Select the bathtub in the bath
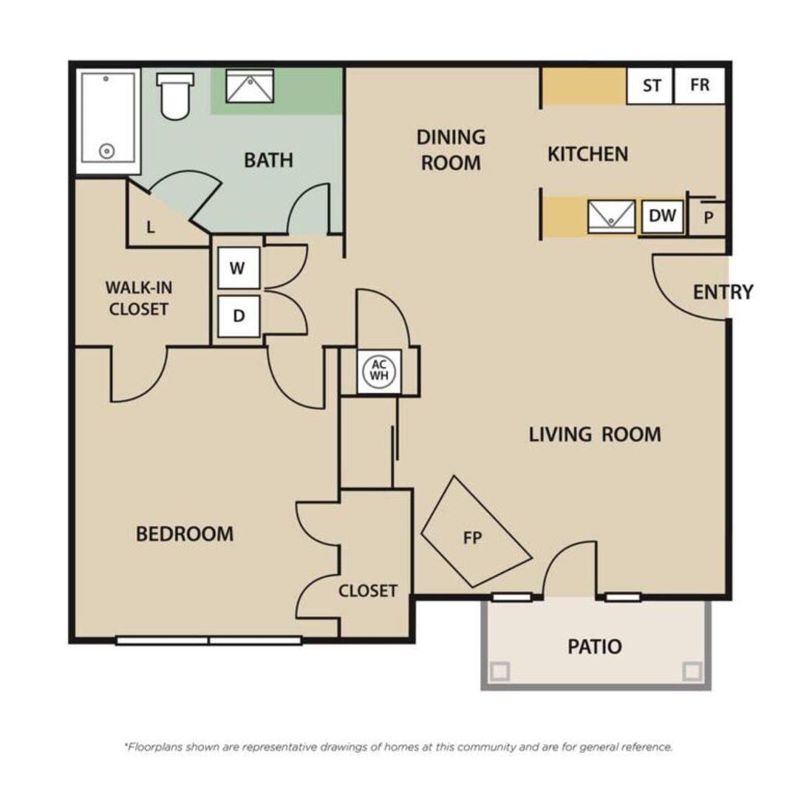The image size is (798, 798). pyautogui.click(x=108, y=118)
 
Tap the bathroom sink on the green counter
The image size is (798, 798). pyautogui.click(x=249, y=86)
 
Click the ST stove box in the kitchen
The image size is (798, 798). pyautogui.click(x=651, y=86)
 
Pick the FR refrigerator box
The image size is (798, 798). pyautogui.click(x=700, y=85)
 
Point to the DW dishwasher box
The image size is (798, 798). pyautogui.click(x=662, y=216)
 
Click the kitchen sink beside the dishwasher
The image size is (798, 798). pyautogui.click(x=611, y=216)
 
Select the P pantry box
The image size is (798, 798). pyautogui.click(x=708, y=218)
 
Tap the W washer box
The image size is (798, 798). pyautogui.click(x=238, y=268)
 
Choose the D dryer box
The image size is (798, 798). pyautogui.click(x=239, y=316)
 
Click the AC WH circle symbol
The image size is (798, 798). pyautogui.click(x=378, y=369)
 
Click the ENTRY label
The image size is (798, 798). pyautogui.click(x=723, y=292)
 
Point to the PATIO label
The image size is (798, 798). pyautogui.click(x=595, y=647)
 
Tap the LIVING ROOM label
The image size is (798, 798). pyautogui.click(x=594, y=434)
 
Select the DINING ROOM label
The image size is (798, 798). pyautogui.click(x=451, y=149)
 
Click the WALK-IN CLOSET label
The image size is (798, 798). pyautogui.click(x=138, y=298)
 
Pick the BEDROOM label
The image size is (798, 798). pyautogui.click(x=185, y=533)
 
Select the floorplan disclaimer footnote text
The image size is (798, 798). pyautogui.click(x=398, y=747)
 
